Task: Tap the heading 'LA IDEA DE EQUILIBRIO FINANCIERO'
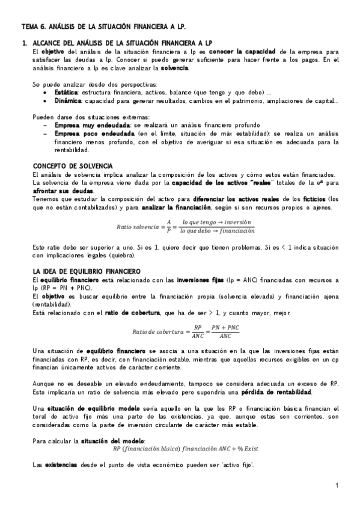pyautogui.click(x=87, y=271)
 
